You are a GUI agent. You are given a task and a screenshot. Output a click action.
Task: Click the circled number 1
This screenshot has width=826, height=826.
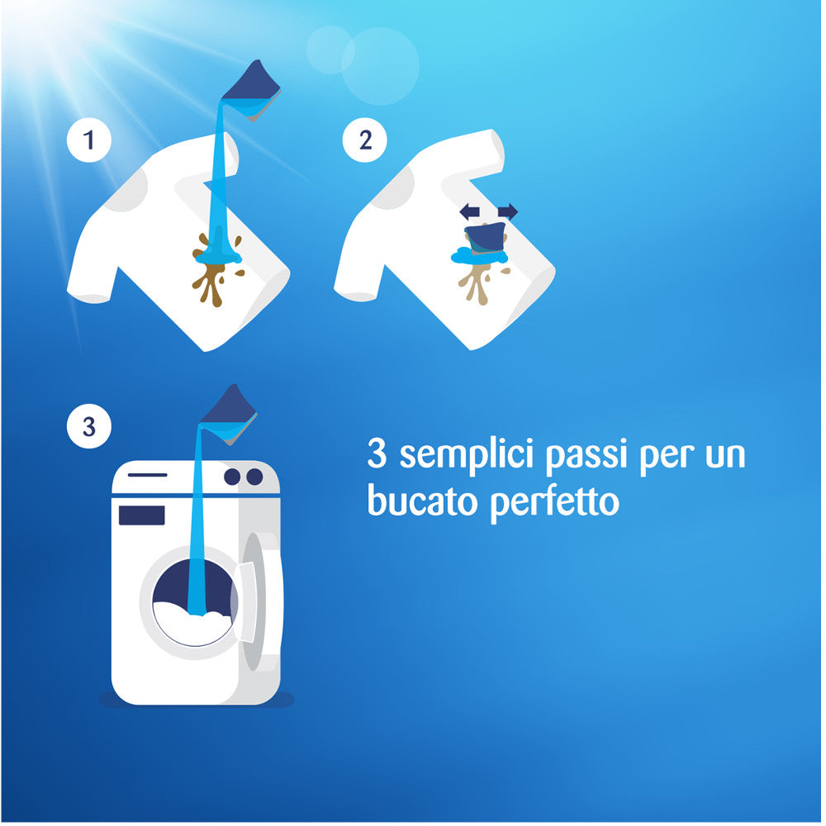pyautogui.click(x=88, y=141)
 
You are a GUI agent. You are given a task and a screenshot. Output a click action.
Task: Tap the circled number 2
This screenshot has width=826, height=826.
pyautogui.click(x=363, y=141)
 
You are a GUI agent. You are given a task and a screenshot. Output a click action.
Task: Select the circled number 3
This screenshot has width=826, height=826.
pyautogui.click(x=88, y=427)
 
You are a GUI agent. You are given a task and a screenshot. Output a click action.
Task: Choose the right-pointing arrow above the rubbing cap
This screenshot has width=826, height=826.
pyautogui.click(x=506, y=212)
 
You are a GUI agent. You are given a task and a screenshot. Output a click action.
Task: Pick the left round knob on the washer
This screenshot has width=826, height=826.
pyautogui.click(x=232, y=477)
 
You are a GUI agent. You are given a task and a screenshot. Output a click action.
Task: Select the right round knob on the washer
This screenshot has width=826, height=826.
pyautogui.click(x=254, y=477)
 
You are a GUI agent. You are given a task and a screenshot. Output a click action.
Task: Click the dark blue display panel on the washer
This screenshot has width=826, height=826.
pyautogui.click(x=141, y=515)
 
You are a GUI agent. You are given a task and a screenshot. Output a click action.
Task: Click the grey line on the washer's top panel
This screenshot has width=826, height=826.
pyautogui.click(x=147, y=475)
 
